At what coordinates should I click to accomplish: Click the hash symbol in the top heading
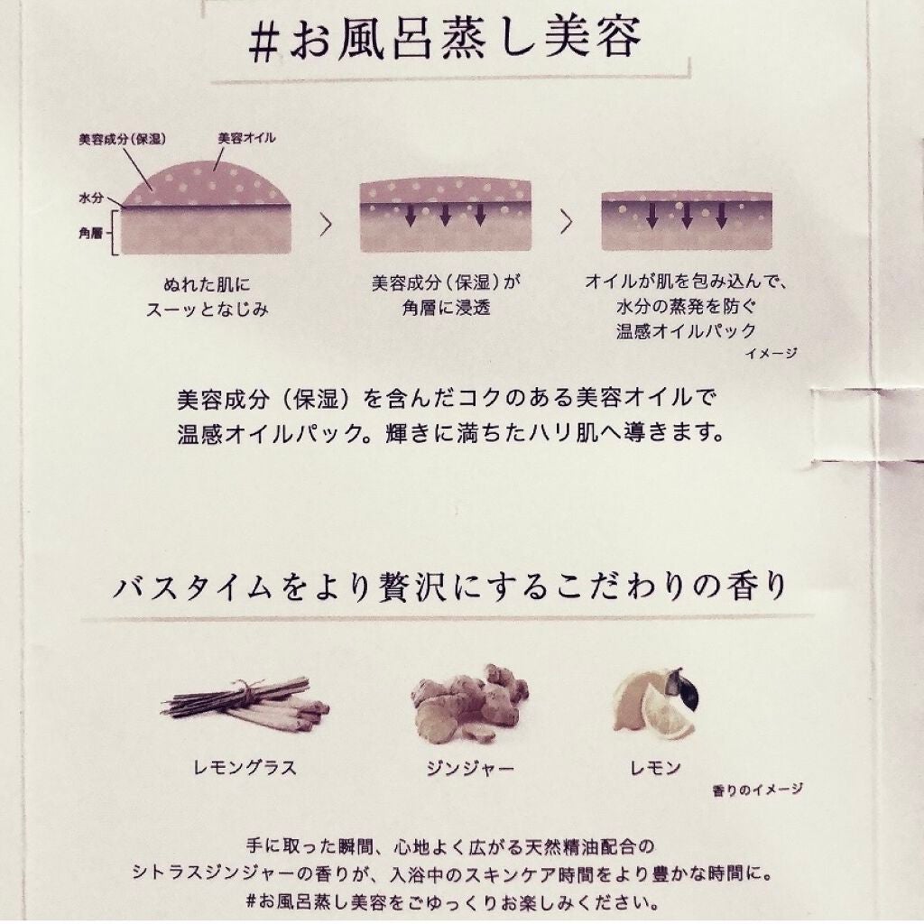tap(263, 43)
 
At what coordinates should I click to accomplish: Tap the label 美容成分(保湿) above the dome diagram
tap(122, 140)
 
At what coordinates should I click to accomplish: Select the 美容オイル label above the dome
tap(246, 138)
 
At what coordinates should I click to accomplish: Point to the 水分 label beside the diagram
tap(91, 198)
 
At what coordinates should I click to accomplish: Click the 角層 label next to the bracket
tap(91, 234)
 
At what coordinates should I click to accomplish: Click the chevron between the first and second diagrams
tap(326, 224)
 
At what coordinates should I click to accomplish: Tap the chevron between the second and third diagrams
tap(567, 222)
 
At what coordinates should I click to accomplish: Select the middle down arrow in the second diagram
tap(446, 215)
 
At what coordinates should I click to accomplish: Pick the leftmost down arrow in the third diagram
tap(651, 216)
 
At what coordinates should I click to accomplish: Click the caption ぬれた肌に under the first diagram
tap(207, 285)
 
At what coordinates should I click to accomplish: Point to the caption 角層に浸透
tap(446, 308)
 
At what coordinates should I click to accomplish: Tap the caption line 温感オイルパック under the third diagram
tap(686, 331)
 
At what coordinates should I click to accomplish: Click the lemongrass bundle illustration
tap(245, 704)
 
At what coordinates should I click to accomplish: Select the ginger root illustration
tap(469, 702)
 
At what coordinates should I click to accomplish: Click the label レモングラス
tap(245, 767)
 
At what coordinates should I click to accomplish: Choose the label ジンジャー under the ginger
tap(469, 769)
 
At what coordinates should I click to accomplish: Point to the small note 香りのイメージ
tap(757, 790)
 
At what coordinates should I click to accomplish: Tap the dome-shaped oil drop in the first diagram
tap(207, 184)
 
